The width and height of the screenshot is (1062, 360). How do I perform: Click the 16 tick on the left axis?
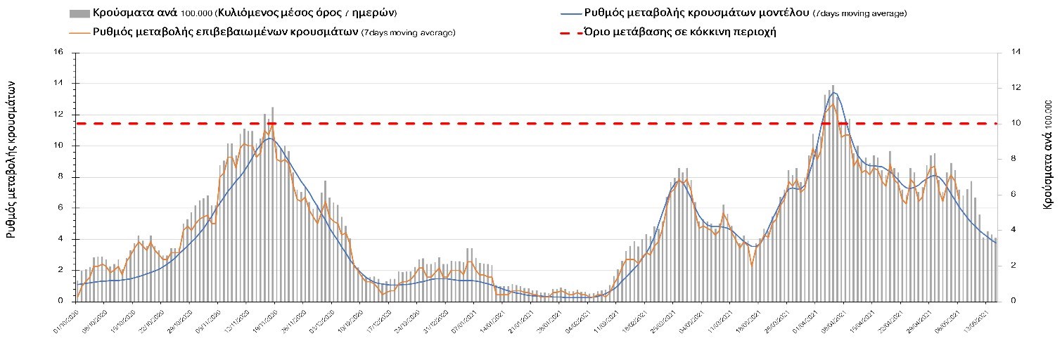(59, 53)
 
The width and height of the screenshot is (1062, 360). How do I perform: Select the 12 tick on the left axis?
(59, 115)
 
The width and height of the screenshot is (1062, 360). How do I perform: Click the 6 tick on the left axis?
(61, 208)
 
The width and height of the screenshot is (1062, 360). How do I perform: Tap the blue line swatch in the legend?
(572, 13)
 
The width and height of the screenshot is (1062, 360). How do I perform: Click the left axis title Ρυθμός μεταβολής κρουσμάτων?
(12, 158)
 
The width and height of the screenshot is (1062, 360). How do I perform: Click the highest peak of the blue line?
(834, 92)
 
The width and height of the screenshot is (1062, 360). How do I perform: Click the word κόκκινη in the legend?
(704, 32)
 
